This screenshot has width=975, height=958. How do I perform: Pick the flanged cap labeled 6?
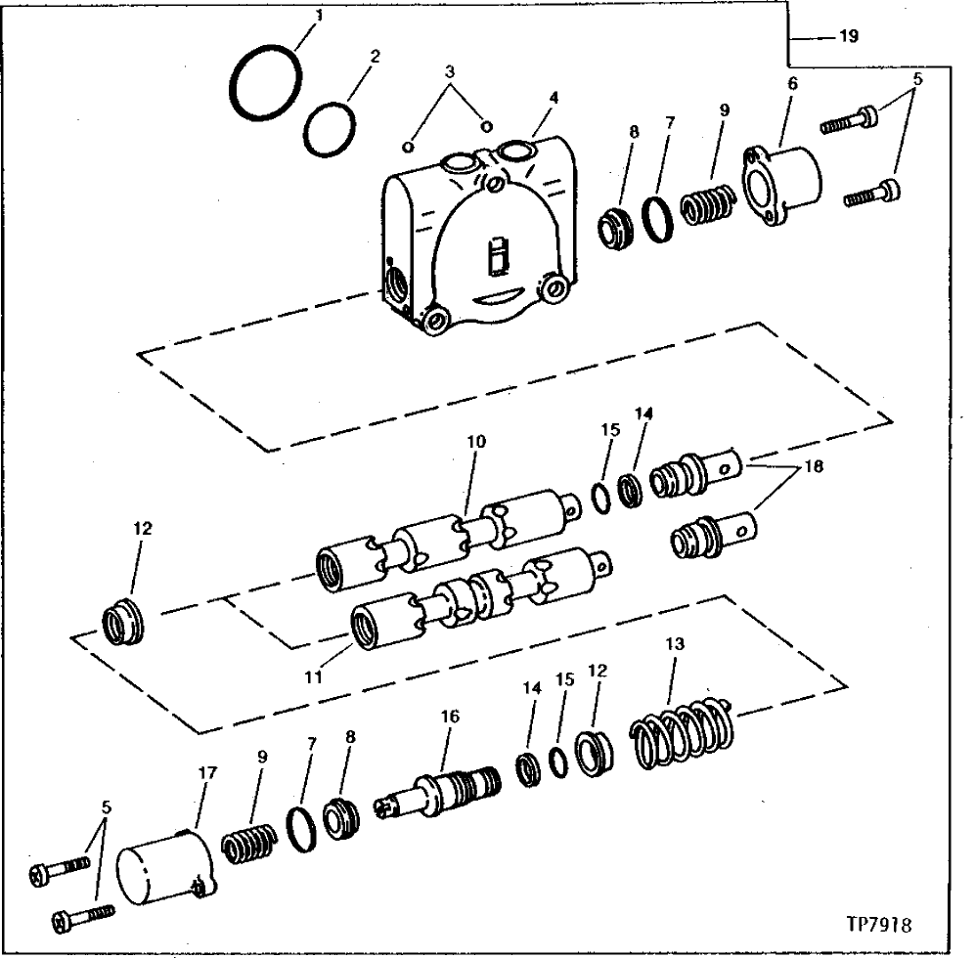784,187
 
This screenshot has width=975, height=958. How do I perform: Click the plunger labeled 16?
444,789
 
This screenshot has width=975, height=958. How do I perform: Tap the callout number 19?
848,37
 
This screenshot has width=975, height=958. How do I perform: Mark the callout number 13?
674,644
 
